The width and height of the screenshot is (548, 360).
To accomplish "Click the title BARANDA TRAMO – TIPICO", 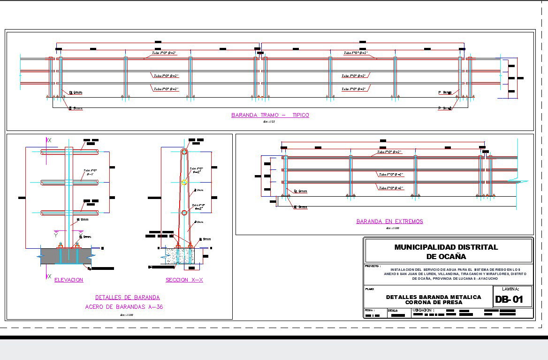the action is click(270, 115).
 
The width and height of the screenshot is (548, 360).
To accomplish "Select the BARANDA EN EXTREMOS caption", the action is click(389, 221).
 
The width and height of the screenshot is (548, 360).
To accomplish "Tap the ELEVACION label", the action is click(68, 280).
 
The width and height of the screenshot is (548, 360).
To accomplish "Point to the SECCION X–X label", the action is click(184, 280).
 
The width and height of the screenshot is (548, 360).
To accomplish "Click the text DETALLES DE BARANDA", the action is click(127, 297).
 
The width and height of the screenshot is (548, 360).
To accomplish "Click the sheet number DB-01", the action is click(509, 300).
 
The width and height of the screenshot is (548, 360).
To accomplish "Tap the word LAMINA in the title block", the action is click(510, 290).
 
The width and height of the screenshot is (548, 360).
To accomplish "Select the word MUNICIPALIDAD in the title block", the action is click(424, 247).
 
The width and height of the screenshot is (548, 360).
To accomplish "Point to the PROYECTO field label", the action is click(373, 266).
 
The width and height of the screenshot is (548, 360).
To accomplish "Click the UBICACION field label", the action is click(423, 310).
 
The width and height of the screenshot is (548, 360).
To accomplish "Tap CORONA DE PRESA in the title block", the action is click(434, 302).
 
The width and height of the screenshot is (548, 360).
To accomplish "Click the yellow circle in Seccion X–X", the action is click(184, 183).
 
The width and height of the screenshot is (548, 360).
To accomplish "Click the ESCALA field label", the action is click(393, 310).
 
